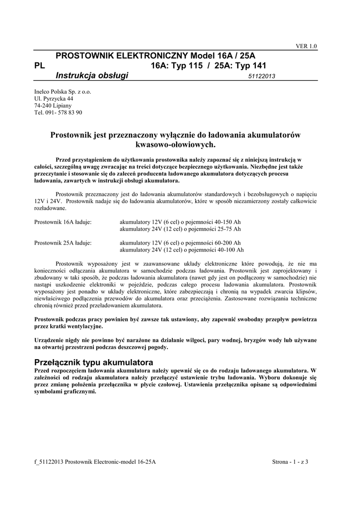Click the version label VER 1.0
click(x=306, y=46)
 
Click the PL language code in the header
click(x=39, y=65)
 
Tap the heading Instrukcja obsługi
click(x=92, y=75)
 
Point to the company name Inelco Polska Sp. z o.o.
click(x=63, y=92)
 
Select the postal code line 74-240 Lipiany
click(x=53, y=106)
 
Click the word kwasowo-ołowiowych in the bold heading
click(x=176, y=145)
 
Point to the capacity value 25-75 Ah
click(x=228, y=229)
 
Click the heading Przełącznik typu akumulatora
click(x=93, y=361)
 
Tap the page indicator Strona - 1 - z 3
click(x=290, y=462)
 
